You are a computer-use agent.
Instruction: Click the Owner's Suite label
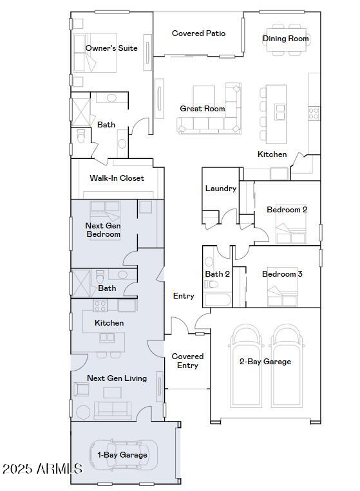(111, 48)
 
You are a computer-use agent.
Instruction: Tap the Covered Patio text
(198, 33)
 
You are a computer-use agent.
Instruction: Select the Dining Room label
(286, 39)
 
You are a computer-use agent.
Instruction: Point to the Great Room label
(202, 109)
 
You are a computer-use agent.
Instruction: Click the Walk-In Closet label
(117, 178)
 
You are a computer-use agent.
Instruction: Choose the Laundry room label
(220, 189)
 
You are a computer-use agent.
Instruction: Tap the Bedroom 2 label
(287, 210)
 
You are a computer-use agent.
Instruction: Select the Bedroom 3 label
(282, 274)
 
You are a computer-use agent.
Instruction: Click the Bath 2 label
(218, 274)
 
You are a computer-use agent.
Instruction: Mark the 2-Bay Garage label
(265, 362)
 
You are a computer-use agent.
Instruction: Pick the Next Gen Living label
(117, 378)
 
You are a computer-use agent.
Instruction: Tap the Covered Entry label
(187, 361)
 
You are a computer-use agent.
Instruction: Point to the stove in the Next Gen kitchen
(100, 306)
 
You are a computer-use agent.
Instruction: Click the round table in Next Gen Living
(84, 412)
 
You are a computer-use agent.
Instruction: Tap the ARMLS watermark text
(42, 468)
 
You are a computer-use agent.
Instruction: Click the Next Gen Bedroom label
(103, 230)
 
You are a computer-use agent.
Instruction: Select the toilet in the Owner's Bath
(81, 136)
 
